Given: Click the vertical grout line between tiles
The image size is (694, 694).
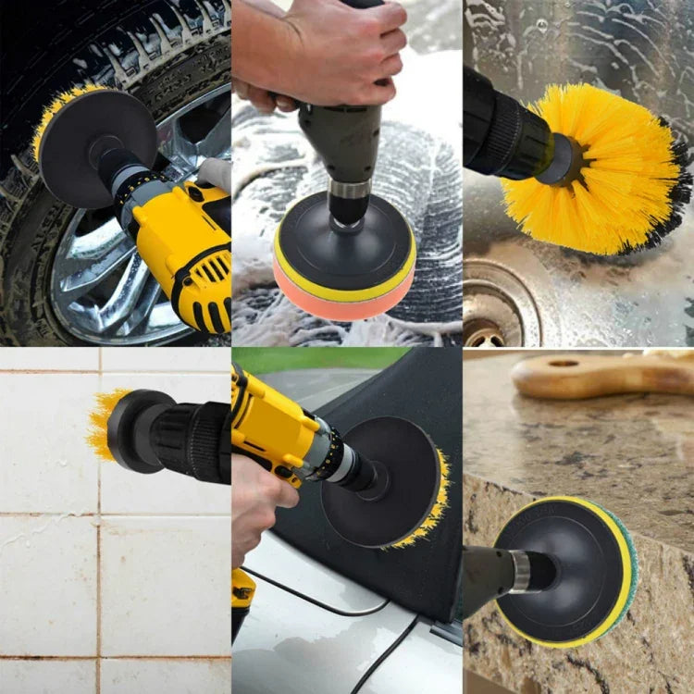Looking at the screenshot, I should click(x=98, y=574).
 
